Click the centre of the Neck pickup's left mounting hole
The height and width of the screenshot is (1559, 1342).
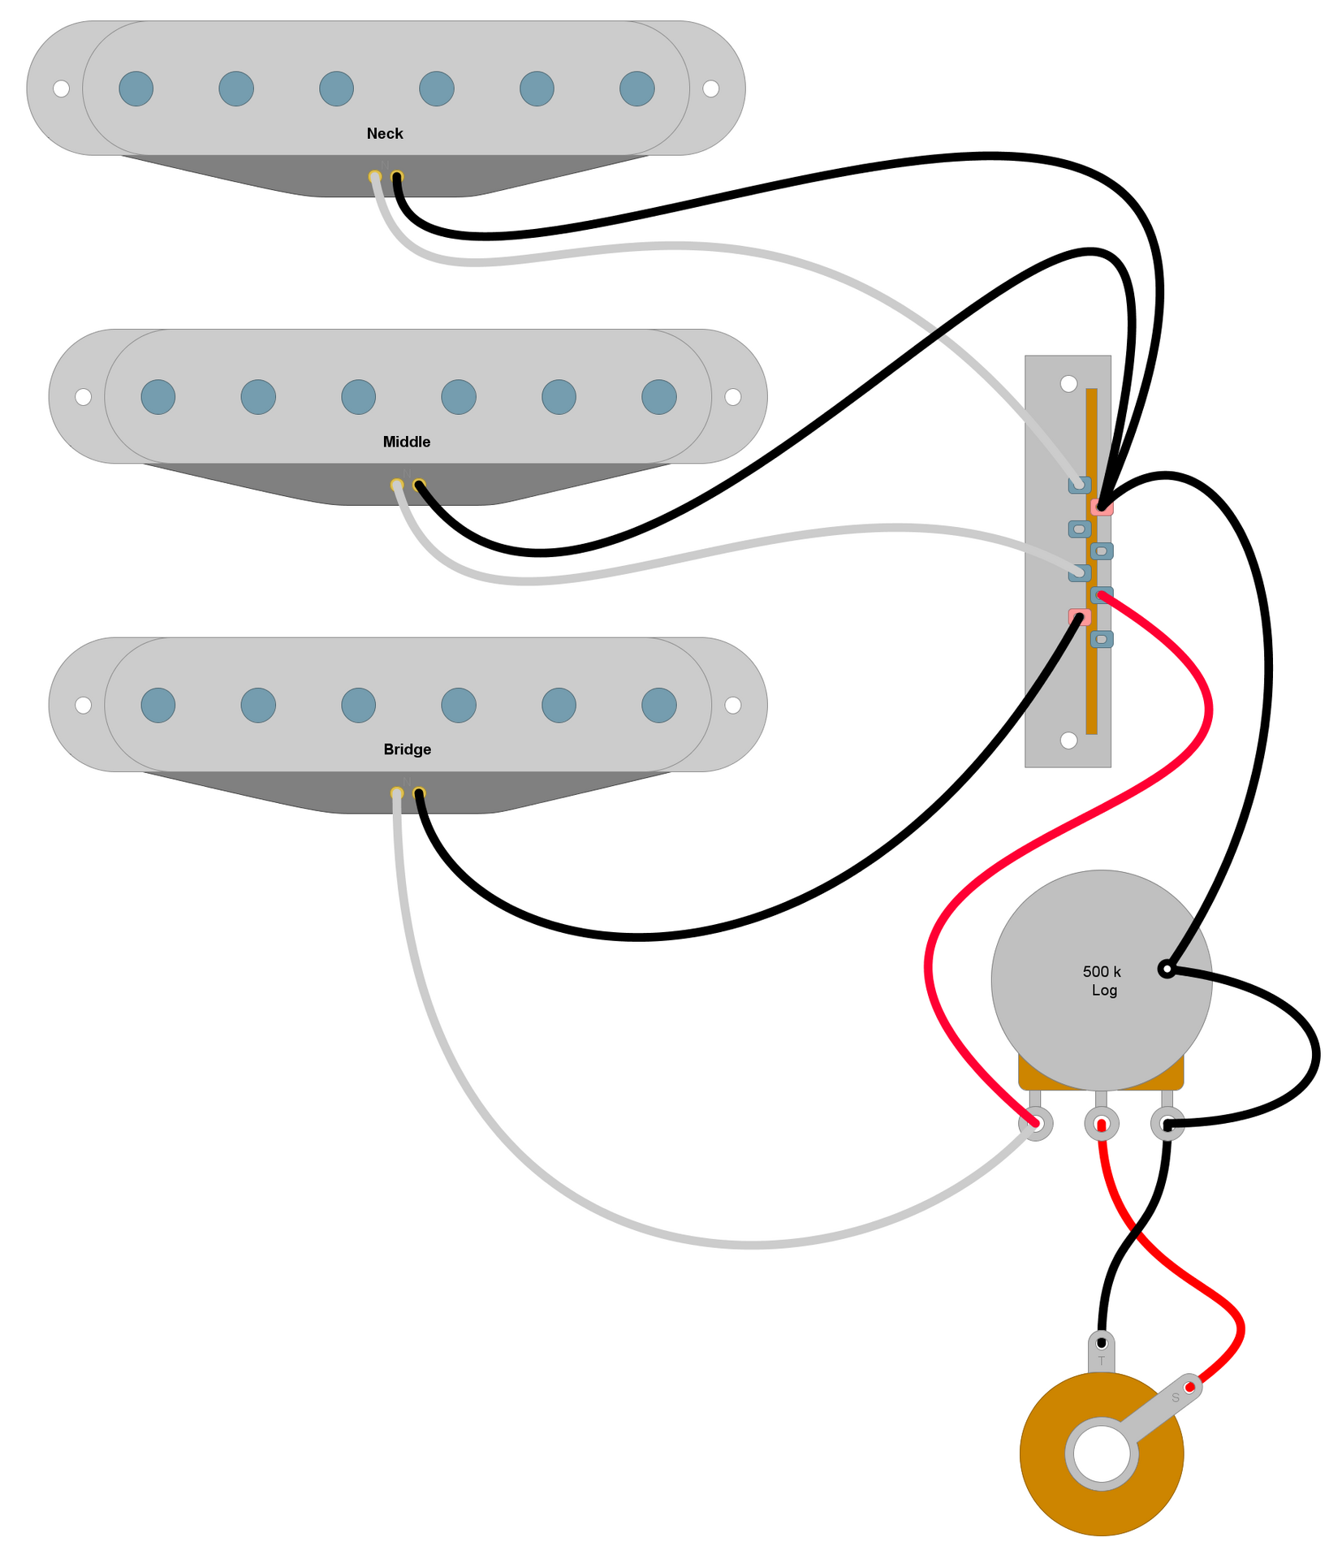coord(61,89)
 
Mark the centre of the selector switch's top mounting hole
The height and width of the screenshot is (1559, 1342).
coord(1068,383)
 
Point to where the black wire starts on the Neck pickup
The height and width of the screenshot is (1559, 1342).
coord(397,177)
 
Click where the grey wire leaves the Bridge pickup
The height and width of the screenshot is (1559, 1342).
coord(396,793)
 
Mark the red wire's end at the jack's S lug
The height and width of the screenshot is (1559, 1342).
coord(1189,1388)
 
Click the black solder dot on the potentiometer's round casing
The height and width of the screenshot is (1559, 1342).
coord(1166,969)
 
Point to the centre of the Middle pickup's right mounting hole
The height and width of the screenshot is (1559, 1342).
coord(732,396)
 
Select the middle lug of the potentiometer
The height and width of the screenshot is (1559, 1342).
coord(1101,1124)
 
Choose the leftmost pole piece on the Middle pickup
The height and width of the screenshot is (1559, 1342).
coord(158,397)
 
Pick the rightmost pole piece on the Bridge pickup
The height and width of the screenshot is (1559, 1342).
coord(658,705)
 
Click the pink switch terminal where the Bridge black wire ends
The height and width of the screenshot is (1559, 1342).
coord(1079,617)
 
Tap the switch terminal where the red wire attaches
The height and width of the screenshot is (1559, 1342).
coord(1101,595)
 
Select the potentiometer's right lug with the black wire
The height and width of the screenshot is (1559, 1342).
coord(1167,1124)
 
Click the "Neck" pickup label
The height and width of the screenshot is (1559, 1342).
coord(385,134)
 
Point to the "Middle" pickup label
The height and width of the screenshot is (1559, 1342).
coord(407,442)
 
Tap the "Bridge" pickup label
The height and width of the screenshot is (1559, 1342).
coord(407,749)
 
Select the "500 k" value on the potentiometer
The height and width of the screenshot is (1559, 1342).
coord(1102,972)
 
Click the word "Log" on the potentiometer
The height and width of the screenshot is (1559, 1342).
coord(1104,991)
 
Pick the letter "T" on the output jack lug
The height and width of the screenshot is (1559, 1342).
coord(1101,1361)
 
